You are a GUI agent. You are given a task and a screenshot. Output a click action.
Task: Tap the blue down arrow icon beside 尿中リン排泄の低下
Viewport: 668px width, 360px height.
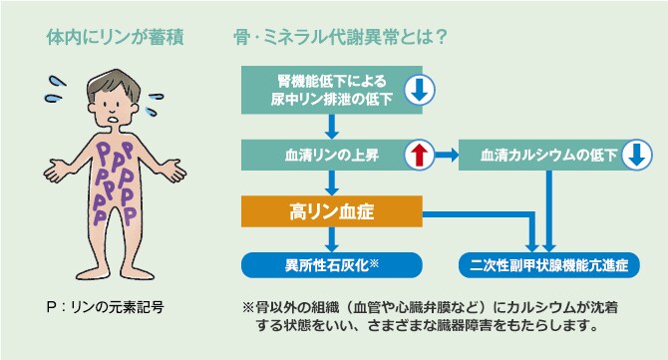(x=419, y=90)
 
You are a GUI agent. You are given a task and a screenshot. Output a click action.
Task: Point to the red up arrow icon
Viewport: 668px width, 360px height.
(x=419, y=156)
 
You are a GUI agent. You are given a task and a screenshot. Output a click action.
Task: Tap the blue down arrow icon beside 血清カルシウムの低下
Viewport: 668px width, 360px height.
(x=635, y=156)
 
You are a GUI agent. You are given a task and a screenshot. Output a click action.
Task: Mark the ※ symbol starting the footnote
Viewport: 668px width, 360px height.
(x=248, y=306)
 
